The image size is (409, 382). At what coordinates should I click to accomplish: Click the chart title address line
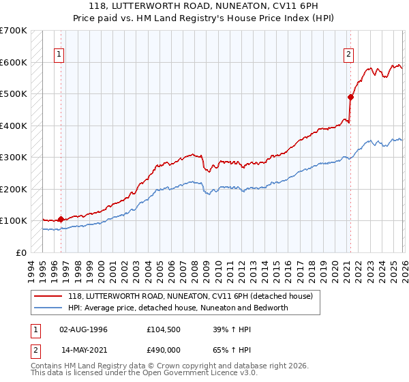pos(204,6)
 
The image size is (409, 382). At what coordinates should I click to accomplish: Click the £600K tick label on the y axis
pos(14,62)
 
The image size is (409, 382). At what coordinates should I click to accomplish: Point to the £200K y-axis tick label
pos(14,189)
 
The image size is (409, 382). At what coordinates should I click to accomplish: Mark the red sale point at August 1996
pos(61,219)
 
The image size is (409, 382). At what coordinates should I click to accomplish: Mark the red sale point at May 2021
pos(350,97)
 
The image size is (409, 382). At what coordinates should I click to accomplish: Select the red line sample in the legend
pos(49,296)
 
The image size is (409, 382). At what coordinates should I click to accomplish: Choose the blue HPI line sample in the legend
pos(49,308)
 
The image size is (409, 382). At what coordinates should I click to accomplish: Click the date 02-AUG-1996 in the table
pos(84,329)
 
